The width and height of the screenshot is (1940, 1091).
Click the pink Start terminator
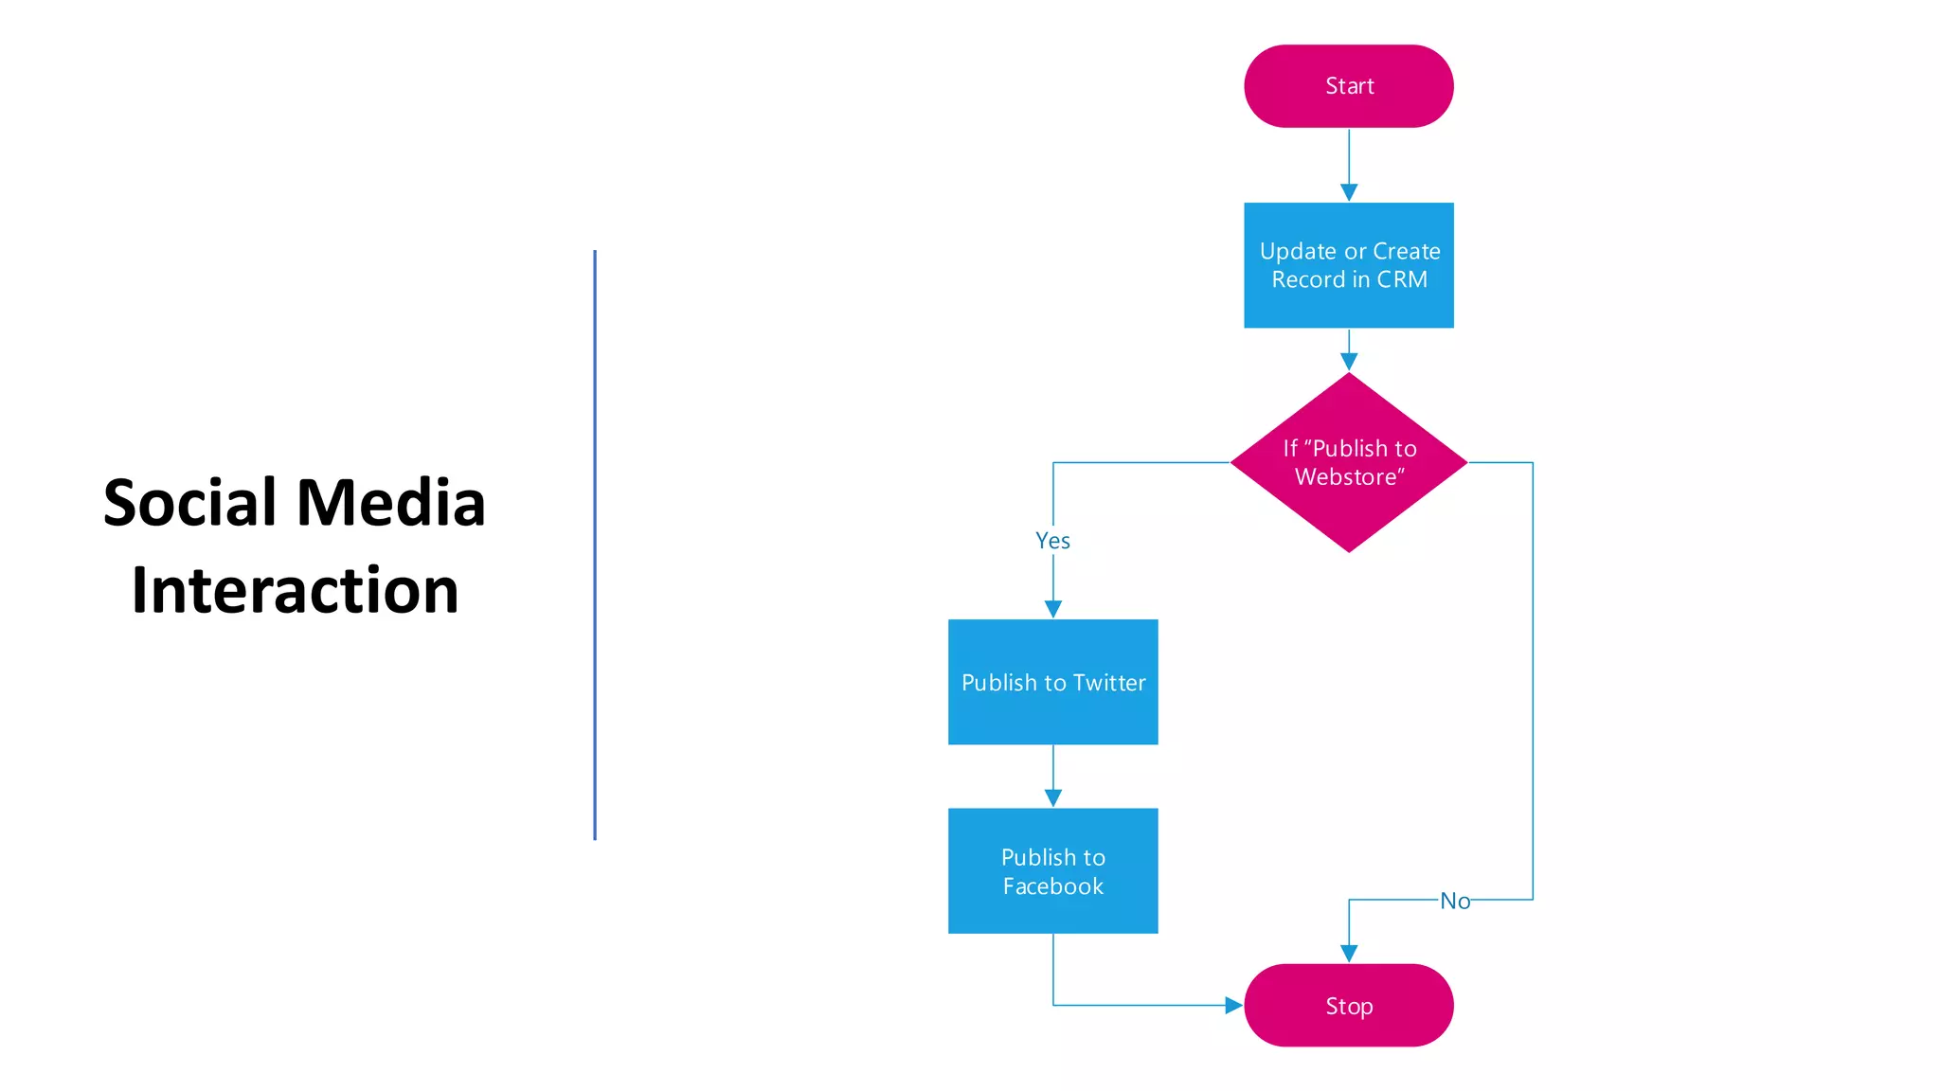click(x=1348, y=86)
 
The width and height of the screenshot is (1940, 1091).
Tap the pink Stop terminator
click(x=1348, y=1005)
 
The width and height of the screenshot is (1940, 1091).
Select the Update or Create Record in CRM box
click(x=1348, y=265)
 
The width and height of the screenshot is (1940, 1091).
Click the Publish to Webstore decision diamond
click(x=1348, y=462)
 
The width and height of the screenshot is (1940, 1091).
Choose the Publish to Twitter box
click(x=1052, y=682)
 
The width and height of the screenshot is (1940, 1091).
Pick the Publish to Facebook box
click(x=1052, y=870)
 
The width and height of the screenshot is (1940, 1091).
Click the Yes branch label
click(x=1052, y=541)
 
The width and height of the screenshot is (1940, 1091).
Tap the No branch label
click(x=1455, y=901)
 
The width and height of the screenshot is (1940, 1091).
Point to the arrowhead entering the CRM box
click(x=1349, y=192)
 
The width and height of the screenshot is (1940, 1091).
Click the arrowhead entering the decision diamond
click(x=1349, y=362)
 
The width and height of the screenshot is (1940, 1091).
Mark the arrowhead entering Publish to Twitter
click(x=1052, y=609)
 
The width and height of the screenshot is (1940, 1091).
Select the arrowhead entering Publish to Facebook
click(x=1052, y=798)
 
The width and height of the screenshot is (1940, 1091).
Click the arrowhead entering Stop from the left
click(x=1233, y=1005)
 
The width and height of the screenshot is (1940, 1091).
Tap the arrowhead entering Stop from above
click(x=1349, y=954)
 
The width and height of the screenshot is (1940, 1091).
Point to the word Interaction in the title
click(x=295, y=590)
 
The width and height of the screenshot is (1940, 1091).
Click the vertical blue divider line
click(x=595, y=545)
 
